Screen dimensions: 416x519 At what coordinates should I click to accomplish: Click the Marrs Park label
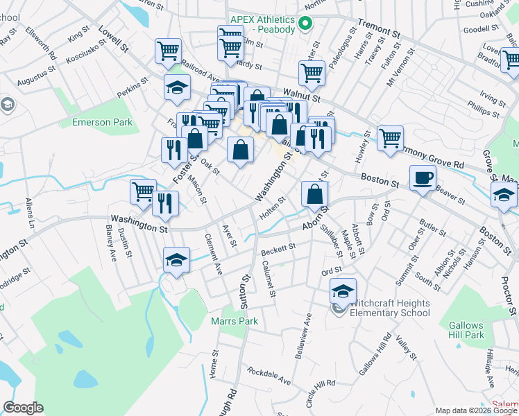[x=235, y=321]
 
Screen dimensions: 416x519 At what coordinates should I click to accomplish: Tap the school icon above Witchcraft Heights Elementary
[x=343, y=292]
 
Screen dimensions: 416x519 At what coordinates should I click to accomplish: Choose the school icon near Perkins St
[x=177, y=87]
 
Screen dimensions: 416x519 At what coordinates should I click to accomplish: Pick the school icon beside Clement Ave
[x=176, y=261]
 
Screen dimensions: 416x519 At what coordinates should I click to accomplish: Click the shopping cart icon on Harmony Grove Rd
[x=391, y=138]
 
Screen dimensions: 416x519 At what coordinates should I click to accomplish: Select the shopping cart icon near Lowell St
[x=169, y=51]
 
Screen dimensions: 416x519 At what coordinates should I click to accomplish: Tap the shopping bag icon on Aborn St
[x=314, y=194]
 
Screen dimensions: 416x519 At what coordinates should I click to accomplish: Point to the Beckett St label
[x=278, y=248]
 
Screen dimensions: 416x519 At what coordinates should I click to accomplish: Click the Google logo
[x=23, y=408]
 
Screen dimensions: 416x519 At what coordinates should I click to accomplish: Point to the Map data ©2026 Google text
[x=475, y=410]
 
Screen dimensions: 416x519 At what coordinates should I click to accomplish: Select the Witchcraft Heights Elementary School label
[x=390, y=308]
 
